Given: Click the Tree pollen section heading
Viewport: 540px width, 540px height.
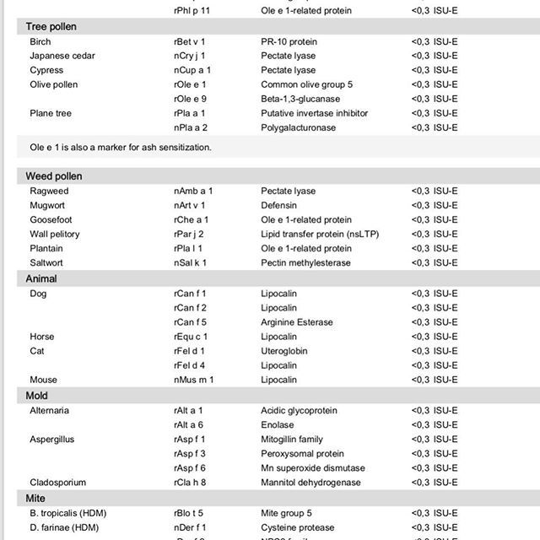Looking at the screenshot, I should click(x=51, y=27).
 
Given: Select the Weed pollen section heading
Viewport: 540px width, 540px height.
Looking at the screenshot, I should click(x=53, y=176).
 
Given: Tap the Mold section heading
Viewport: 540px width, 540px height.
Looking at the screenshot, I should click(x=36, y=396).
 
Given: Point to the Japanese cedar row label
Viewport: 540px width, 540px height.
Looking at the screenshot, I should click(x=62, y=56).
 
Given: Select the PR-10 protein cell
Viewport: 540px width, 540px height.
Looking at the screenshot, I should click(x=289, y=41).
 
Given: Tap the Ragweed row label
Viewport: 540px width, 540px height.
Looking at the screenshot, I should click(x=49, y=192).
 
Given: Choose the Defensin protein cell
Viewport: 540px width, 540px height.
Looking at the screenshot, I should click(x=280, y=206).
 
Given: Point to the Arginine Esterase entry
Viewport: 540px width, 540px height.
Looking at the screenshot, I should click(x=297, y=322).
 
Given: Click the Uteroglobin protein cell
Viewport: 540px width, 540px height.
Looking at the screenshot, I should click(x=284, y=351).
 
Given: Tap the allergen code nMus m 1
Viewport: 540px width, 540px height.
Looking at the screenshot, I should click(x=193, y=381).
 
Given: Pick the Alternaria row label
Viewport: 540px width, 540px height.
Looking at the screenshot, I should click(x=50, y=411).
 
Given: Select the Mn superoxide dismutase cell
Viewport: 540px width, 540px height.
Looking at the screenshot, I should click(x=313, y=468).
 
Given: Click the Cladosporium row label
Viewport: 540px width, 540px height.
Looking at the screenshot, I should click(x=57, y=483).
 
